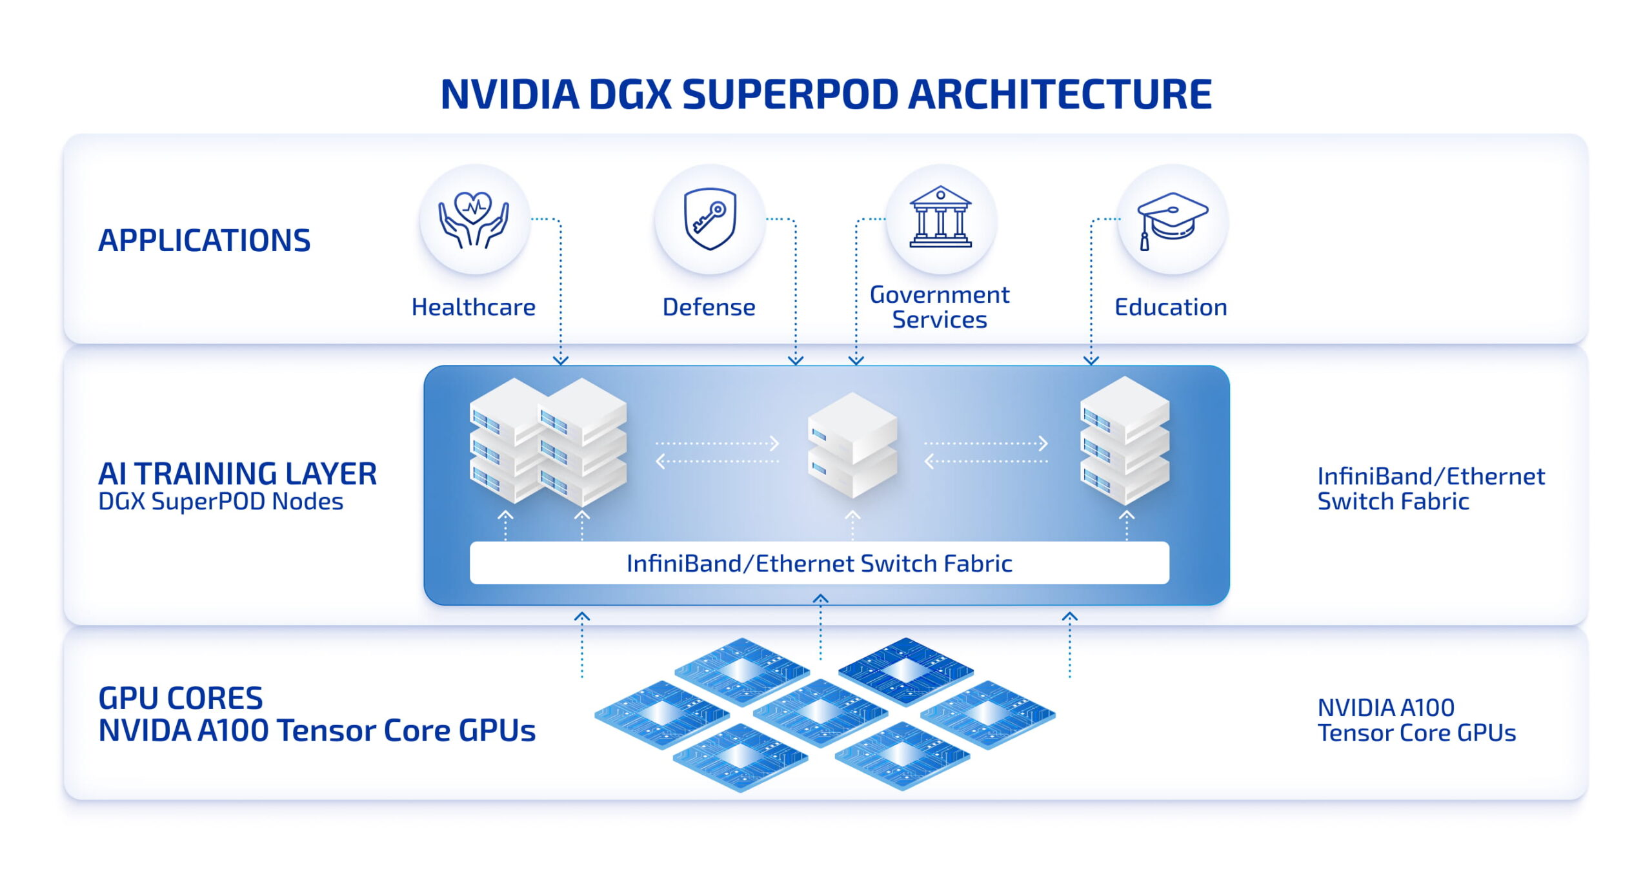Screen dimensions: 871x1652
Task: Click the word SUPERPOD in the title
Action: pos(790,94)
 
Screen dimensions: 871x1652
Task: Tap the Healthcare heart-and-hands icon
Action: pos(474,220)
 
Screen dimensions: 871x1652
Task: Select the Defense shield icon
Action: pos(709,220)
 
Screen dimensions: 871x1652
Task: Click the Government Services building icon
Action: pos(940,218)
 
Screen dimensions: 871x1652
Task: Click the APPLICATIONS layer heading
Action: pos(204,240)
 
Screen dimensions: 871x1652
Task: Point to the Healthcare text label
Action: pos(473,307)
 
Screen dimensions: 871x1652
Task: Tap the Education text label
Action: pos(1171,307)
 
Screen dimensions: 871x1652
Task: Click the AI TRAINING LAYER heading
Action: pos(237,474)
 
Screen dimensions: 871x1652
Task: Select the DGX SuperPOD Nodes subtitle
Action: pos(220,502)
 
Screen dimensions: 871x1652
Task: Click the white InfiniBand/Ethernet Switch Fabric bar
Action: pos(819,563)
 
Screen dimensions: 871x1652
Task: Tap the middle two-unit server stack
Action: pos(852,446)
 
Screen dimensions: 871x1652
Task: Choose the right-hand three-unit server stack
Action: pos(1124,441)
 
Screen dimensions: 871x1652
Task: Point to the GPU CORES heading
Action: pos(180,699)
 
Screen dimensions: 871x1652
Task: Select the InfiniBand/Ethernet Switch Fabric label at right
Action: pos(1430,489)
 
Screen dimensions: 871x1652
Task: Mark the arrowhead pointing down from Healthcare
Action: pos(561,360)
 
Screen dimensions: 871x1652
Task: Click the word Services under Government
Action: pos(939,320)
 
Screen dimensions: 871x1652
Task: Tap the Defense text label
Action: pos(709,307)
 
